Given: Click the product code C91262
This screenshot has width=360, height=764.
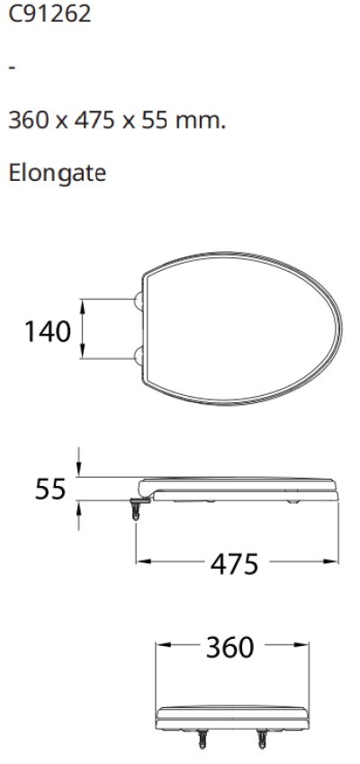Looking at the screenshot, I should [x=49, y=16].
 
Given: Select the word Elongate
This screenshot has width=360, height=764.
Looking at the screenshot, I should [x=57, y=172].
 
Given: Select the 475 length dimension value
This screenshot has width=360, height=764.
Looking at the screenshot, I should [x=237, y=565].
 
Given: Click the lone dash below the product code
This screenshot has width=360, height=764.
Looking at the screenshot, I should [x=11, y=67].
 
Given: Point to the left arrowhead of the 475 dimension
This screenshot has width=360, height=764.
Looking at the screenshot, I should [x=140, y=563].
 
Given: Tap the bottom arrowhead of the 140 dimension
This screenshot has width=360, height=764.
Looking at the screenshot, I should [x=83, y=355].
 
